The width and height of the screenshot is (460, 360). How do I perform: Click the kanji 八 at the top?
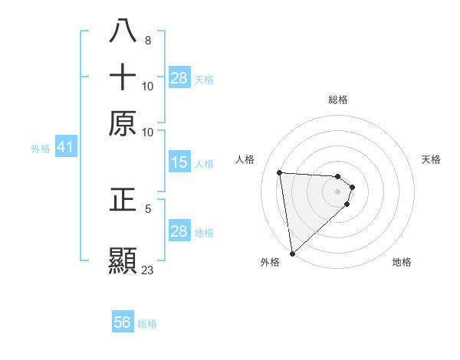pyautogui.click(x=123, y=32)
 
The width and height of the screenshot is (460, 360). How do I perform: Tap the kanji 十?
pyautogui.click(x=123, y=77)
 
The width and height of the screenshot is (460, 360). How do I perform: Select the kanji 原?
pyautogui.click(x=123, y=123)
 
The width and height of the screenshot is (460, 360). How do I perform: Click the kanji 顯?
pyautogui.click(x=123, y=260)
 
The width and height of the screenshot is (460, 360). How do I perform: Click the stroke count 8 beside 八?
pyautogui.click(x=147, y=41)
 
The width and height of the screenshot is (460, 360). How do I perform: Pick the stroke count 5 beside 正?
pyautogui.click(x=147, y=208)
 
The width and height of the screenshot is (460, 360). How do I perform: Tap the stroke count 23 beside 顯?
pyautogui.click(x=147, y=270)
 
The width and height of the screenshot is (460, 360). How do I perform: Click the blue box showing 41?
pyautogui.click(x=64, y=148)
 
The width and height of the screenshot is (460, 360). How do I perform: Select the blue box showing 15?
pyautogui.click(x=179, y=162)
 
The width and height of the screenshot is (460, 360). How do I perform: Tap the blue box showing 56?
pyautogui.click(x=122, y=322)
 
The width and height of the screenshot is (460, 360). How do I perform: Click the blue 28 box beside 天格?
pyautogui.click(x=179, y=78)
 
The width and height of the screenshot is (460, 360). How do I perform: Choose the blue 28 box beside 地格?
pyautogui.click(x=179, y=231)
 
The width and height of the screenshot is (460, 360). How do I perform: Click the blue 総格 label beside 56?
pyautogui.click(x=147, y=324)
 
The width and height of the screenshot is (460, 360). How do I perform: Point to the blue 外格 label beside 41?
pyautogui.click(x=41, y=149)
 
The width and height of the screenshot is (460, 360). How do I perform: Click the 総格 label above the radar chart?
pyautogui.click(x=337, y=100)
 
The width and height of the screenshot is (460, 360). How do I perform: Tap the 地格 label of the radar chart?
pyautogui.click(x=402, y=262)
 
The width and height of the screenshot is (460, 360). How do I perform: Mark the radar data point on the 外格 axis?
pyautogui.click(x=292, y=253)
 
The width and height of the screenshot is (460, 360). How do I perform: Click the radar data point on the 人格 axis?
pyautogui.click(x=280, y=172)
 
